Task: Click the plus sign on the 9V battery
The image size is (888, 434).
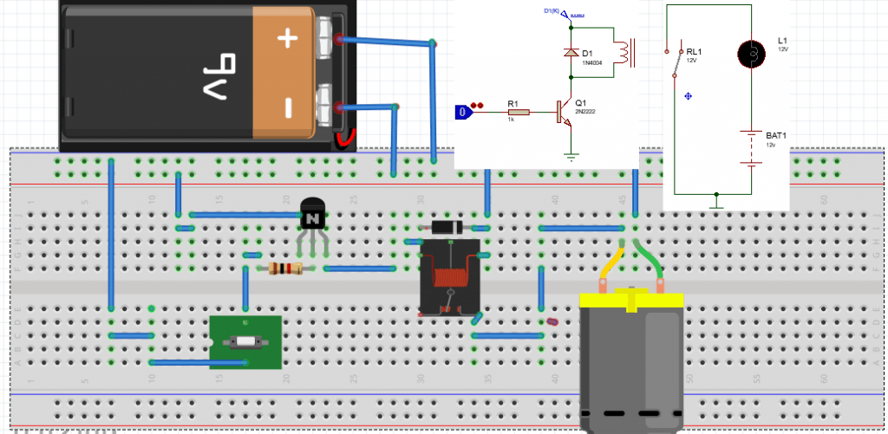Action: tap(287, 37)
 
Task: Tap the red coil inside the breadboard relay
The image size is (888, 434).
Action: tap(447, 279)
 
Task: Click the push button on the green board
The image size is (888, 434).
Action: tap(245, 342)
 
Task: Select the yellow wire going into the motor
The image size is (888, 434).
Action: tap(610, 263)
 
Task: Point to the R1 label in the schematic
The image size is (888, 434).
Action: tap(513, 103)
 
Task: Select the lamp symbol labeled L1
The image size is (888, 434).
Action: tap(751, 54)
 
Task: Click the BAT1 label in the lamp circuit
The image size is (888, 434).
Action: tap(775, 136)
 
